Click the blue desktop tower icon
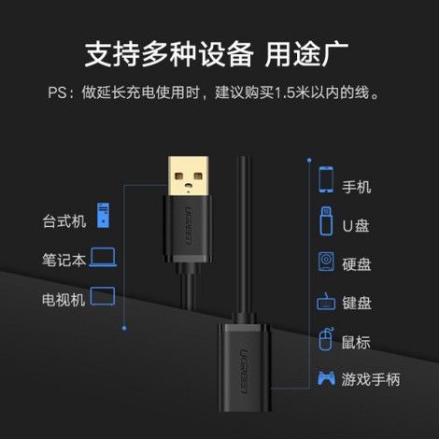[103, 215]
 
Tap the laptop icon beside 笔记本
[103, 257]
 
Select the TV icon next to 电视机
[103, 296]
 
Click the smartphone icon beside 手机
[326, 179]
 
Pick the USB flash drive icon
[326, 220]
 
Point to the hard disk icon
[326, 262]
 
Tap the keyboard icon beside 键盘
[326, 302]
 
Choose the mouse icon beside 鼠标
[326, 339]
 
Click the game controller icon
[326, 378]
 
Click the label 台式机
[64, 221]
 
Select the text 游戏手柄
[371, 379]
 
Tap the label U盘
[356, 226]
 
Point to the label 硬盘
[357, 264]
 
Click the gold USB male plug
[188, 177]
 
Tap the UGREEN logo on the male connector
[188, 225]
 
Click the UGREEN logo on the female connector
[244, 372]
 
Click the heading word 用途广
[306, 54]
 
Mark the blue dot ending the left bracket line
[124, 328]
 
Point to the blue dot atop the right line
[309, 160]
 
